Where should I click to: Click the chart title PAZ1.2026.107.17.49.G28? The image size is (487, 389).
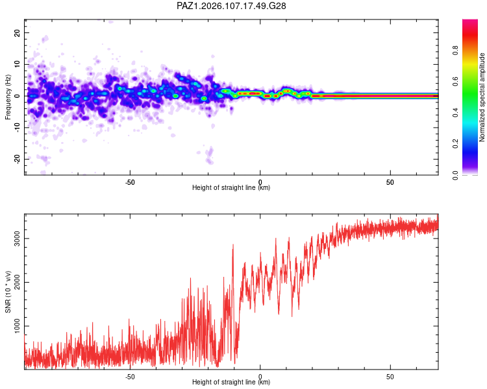231,6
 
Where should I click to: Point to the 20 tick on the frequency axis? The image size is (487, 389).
17,32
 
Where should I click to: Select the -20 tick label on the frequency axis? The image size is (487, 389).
17,159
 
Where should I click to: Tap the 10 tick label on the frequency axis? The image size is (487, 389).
17,64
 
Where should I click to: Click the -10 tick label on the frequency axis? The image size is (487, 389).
17,128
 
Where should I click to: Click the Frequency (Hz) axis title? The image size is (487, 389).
8,97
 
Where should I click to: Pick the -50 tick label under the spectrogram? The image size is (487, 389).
130,182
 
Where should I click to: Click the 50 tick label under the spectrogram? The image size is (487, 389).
390,182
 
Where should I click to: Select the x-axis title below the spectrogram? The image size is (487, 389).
231,187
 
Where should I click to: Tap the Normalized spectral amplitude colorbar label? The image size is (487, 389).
482,97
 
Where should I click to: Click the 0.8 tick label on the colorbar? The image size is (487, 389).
456,51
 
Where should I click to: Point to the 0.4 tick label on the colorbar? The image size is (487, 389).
456,113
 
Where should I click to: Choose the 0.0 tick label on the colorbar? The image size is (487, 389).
456,175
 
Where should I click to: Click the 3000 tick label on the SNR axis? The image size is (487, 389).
17,238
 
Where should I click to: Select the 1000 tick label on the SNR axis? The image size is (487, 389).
17,326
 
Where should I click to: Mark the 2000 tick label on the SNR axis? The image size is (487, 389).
17,282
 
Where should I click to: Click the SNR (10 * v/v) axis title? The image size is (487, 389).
8,292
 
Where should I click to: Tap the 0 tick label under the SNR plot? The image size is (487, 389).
260,377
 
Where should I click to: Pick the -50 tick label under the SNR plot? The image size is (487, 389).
130,377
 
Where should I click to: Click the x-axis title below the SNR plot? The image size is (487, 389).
231,382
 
